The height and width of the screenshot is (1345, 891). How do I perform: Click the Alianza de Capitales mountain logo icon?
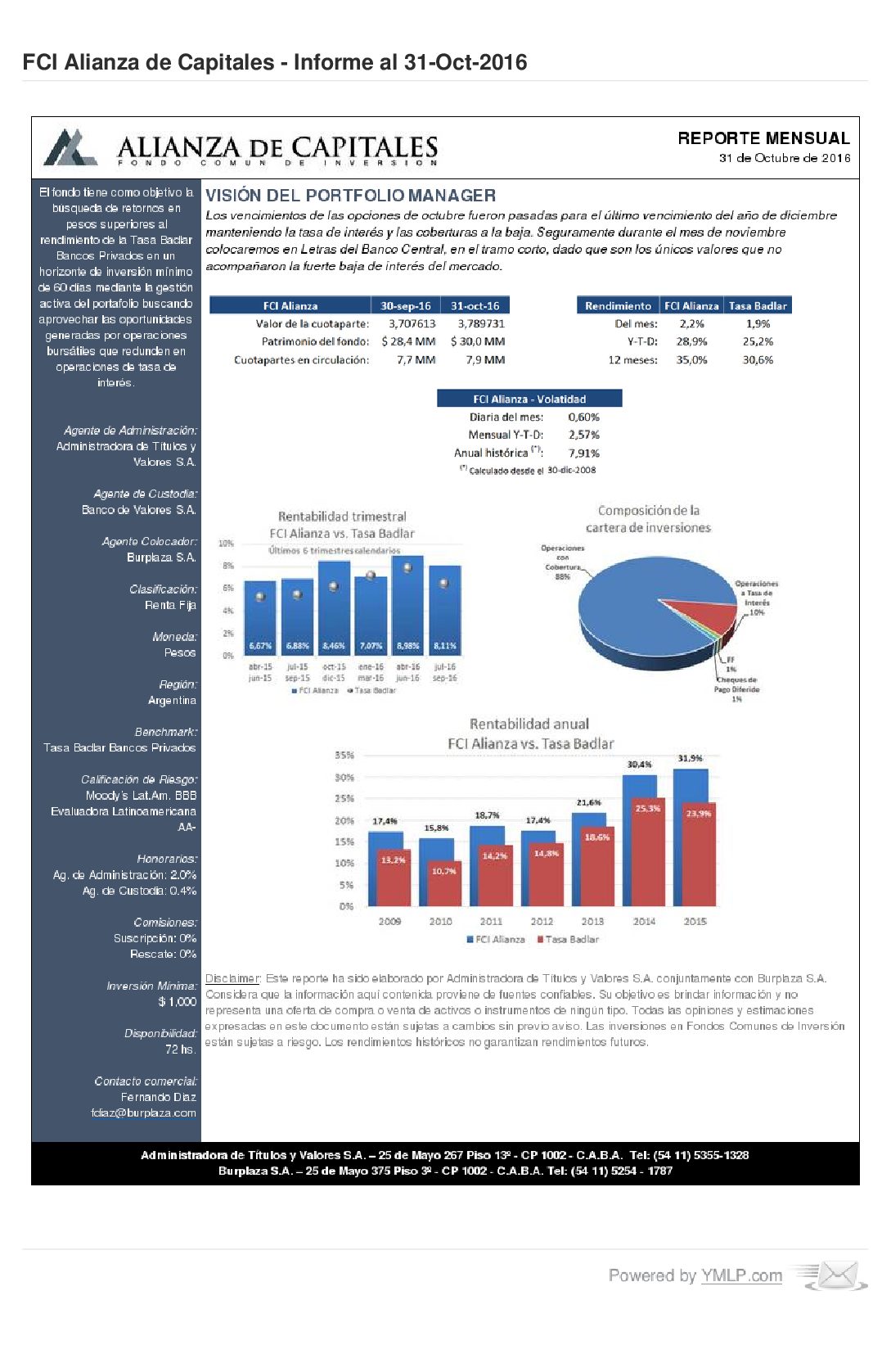71,147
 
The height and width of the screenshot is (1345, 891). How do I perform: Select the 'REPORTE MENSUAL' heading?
763,138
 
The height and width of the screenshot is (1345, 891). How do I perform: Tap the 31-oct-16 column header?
475,305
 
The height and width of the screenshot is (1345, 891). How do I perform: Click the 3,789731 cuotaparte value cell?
481,323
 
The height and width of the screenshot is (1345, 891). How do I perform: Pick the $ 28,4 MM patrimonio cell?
408,341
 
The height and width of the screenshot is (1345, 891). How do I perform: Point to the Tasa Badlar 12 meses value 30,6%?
758,359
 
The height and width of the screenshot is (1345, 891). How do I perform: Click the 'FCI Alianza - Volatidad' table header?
529,399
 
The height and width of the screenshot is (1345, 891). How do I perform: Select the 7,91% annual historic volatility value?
583,453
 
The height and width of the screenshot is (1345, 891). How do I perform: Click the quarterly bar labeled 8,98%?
407,606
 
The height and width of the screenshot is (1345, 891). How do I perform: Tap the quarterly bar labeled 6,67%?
260,618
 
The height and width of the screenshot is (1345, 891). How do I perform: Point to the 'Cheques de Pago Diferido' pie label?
736,684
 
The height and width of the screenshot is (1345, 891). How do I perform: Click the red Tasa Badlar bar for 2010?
443,884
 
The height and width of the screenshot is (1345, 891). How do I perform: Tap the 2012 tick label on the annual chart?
542,921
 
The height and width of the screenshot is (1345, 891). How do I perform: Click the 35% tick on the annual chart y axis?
344,755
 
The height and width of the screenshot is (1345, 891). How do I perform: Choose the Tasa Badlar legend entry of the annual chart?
568,939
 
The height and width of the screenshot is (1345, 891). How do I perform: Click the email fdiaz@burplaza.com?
143,1113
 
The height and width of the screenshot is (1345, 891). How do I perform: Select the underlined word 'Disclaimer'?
232,978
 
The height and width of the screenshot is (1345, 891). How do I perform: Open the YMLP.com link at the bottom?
740,1275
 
